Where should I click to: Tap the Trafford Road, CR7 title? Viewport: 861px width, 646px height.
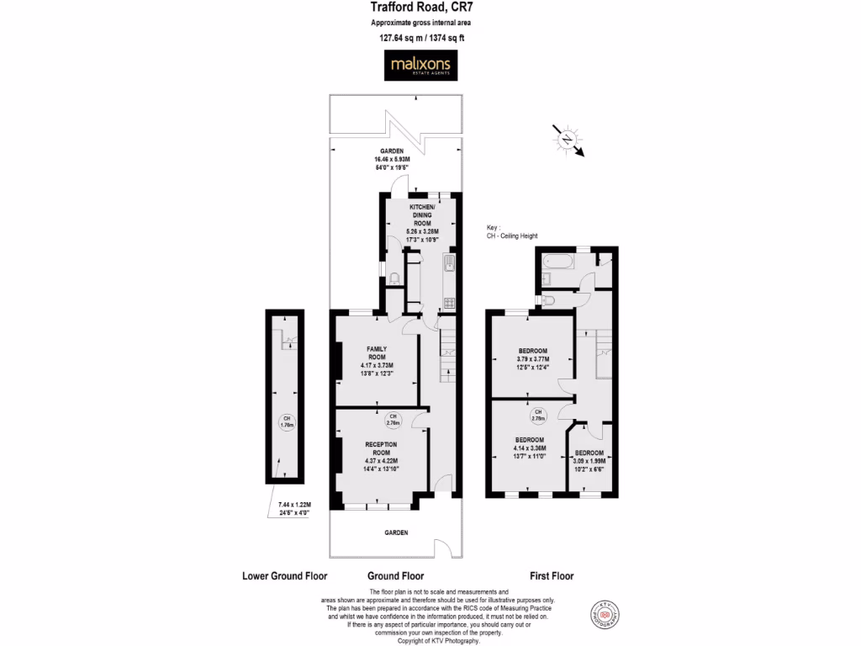[x=418, y=8]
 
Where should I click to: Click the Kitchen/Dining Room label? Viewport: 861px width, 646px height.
[x=422, y=221]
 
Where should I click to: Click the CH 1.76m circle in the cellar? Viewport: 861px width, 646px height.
[x=287, y=422]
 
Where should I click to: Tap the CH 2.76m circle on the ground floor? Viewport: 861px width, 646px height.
[x=392, y=419]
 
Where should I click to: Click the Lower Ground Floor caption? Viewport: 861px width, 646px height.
[x=284, y=576]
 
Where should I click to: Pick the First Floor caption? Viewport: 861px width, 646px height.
[x=552, y=576]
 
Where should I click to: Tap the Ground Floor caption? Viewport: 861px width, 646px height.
[x=395, y=576]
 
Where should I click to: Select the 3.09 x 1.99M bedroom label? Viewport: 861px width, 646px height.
[x=589, y=461]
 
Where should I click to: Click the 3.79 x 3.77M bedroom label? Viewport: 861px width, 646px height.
[x=532, y=358]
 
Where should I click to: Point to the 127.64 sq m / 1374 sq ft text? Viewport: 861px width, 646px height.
[x=418, y=37]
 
